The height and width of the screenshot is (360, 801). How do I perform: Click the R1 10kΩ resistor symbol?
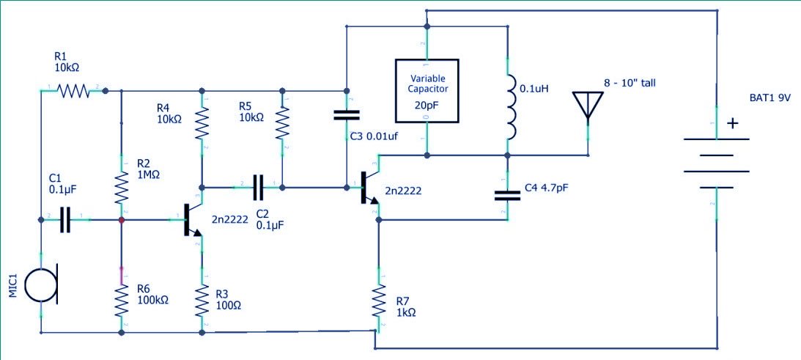click(x=73, y=91)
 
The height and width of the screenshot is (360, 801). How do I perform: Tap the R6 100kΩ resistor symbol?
click(x=121, y=300)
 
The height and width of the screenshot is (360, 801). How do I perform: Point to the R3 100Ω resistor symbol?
click(x=201, y=300)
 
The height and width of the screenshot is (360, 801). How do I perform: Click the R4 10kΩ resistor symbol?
click(x=201, y=124)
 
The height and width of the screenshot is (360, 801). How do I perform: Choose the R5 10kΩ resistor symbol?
click(x=281, y=124)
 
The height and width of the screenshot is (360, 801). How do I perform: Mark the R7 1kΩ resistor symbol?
click(x=379, y=299)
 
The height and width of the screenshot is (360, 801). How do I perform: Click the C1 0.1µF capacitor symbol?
click(x=65, y=219)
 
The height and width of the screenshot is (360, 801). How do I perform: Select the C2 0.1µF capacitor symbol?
click(x=257, y=188)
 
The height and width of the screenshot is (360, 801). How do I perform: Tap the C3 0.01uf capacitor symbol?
click(x=346, y=115)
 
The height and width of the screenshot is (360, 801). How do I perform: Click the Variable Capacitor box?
click(x=427, y=91)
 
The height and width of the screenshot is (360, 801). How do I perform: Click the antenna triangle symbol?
click(x=587, y=105)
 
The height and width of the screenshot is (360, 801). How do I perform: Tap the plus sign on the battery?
click(x=731, y=123)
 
